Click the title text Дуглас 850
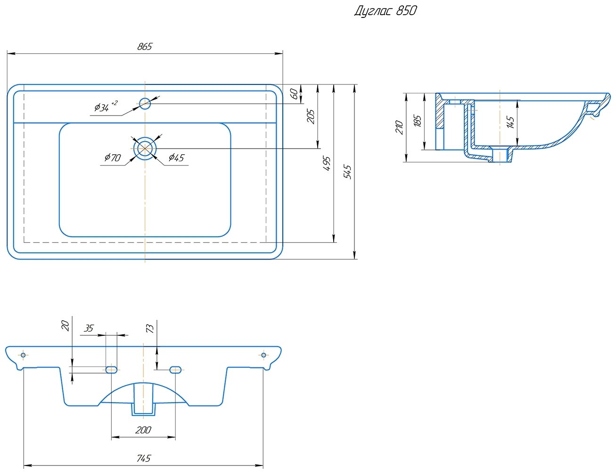click(x=385, y=11)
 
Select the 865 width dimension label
click(x=145, y=47)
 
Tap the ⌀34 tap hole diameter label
click(x=104, y=107)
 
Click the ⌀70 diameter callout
click(x=113, y=158)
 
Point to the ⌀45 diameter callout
click(x=176, y=158)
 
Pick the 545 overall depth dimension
click(x=348, y=172)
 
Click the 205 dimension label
click(x=311, y=116)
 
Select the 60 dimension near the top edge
click(x=294, y=93)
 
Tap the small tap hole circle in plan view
click(x=145, y=103)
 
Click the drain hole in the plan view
click(x=145, y=149)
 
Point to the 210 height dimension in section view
click(x=399, y=127)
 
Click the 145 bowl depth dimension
click(x=510, y=123)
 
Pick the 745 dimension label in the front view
click(x=144, y=458)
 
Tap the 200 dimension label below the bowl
click(x=143, y=430)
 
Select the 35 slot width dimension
click(x=89, y=328)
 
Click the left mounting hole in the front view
click(x=23, y=355)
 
